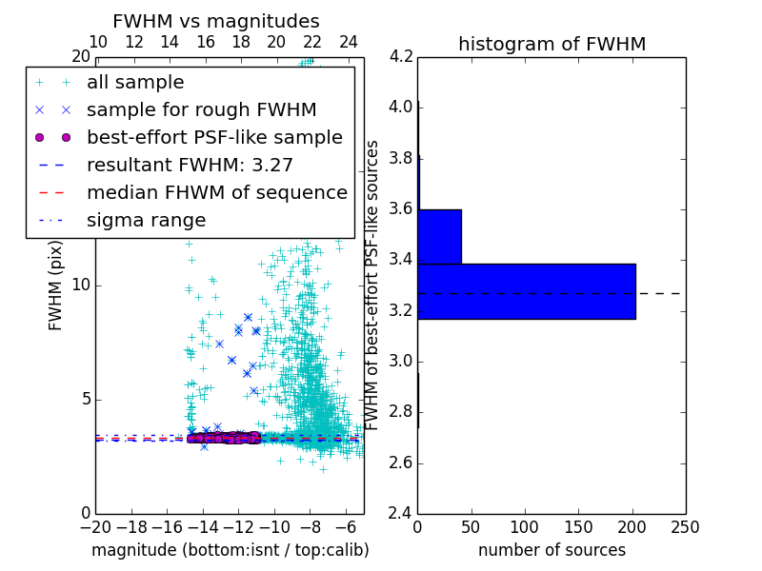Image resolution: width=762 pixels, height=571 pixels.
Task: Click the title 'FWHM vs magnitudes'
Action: click(x=216, y=21)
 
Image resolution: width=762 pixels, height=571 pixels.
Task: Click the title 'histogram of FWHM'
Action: click(x=551, y=44)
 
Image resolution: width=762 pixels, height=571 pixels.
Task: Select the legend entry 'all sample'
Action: click(x=135, y=83)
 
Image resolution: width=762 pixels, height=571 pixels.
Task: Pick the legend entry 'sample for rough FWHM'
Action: click(x=201, y=109)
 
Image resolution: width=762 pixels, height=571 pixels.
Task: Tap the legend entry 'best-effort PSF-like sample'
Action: click(x=214, y=137)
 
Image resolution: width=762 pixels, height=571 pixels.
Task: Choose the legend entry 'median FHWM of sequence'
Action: click(x=216, y=192)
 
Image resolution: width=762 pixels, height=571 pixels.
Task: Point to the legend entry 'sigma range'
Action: click(x=146, y=220)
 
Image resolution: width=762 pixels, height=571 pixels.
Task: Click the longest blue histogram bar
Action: click(x=526, y=291)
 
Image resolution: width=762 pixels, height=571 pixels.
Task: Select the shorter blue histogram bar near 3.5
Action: click(x=439, y=236)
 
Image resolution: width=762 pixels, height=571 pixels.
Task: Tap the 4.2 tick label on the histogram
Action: click(x=401, y=56)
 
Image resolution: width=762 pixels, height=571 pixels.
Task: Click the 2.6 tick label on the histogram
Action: click(x=401, y=463)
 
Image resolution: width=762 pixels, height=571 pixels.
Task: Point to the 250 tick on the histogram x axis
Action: click(x=685, y=526)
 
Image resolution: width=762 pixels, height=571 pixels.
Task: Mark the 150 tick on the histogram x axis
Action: click(x=578, y=526)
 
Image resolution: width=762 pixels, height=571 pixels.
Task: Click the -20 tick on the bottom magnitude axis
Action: click(x=95, y=526)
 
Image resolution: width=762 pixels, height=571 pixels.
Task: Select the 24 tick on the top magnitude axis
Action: click(x=349, y=42)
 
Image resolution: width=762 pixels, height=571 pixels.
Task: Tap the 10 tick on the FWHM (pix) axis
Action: click(x=81, y=285)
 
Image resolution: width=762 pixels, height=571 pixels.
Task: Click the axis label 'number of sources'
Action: click(x=551, y=550)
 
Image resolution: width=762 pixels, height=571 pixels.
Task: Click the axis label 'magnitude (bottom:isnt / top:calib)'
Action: click(x=230, y=550)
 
